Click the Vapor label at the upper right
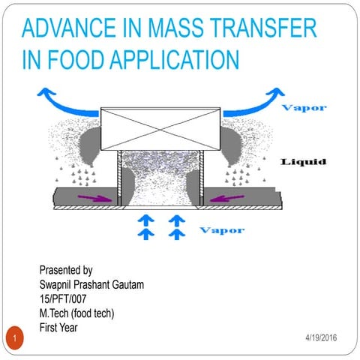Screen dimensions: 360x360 point(303,107)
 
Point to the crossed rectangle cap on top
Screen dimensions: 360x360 point(160,128)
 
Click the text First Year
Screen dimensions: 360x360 point(59,327)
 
